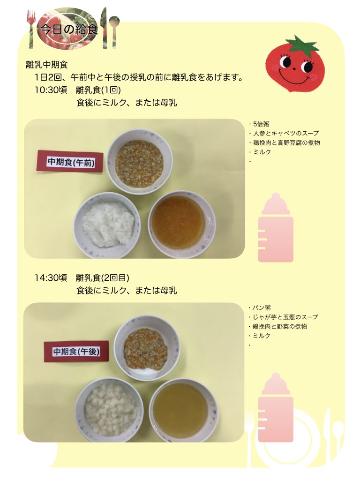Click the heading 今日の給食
[69, 29]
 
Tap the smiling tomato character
[294, 64]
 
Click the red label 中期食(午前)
[70, 161]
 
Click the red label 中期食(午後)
[76, 352]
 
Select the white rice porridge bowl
[107, 225]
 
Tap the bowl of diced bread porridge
[109, 410]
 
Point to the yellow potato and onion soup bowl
[184, 411]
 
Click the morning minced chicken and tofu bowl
[139, 161]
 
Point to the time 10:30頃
[51, 90]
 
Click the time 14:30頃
[51, 277]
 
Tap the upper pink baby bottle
[276, 227]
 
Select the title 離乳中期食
[47, 65]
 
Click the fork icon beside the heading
[31, 29]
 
